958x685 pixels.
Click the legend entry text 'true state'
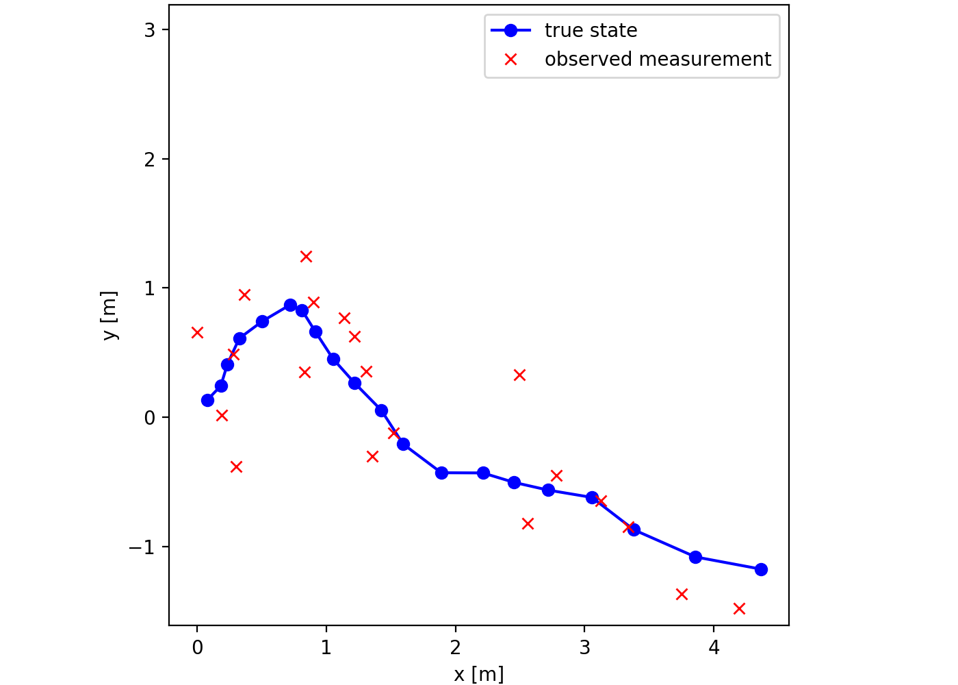point(591,31)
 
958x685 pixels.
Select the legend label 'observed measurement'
point(658,60)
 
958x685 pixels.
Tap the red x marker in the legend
point(510,60)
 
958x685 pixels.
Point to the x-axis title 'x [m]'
point(478,674)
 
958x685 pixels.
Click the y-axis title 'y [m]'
point(109,316)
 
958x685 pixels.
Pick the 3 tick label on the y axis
point(149,30)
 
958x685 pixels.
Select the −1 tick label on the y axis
point(142,547)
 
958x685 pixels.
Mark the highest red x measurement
point(306,256)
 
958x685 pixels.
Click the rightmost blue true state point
point(761,569)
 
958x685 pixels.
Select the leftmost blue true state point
point(207,400)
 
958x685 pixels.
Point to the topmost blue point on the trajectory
point(290,305)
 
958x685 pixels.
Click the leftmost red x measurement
point(197,332)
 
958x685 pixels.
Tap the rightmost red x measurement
point(739,608)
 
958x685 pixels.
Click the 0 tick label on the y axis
point(149,418)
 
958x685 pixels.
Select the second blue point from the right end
point(695,557)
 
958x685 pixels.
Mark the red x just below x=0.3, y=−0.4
point(236,466)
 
